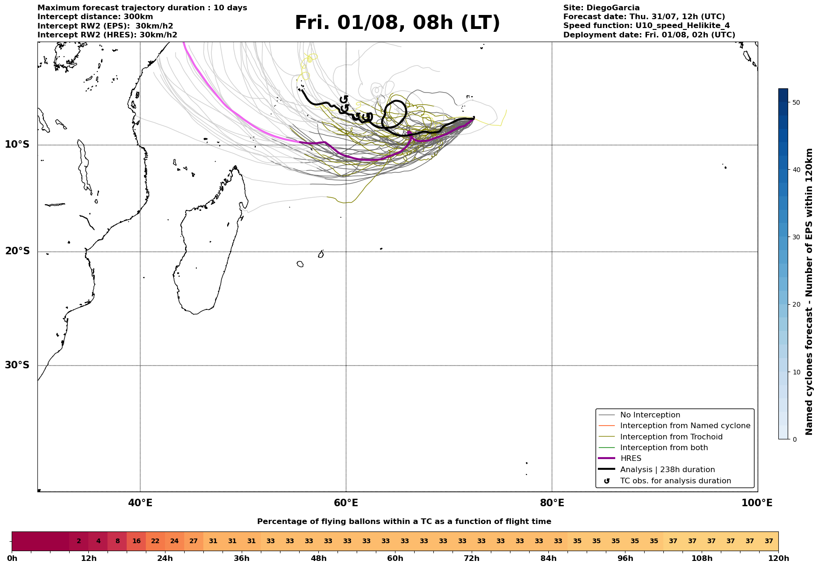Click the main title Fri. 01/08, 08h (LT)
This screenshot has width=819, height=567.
[397, 23]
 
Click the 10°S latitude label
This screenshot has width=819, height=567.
[17, 144]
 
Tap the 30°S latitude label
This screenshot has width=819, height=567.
[17, 365]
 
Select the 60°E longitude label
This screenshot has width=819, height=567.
[346, 503]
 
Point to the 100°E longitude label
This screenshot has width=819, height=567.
[757, 503]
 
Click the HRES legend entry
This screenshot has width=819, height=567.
[631, 459]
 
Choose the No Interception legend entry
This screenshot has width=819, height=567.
[650, 415]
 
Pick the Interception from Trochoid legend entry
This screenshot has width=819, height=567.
[671, 437]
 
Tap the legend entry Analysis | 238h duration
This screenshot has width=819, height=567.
[667, 470]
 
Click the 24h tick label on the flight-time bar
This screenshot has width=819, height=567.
[165, 559]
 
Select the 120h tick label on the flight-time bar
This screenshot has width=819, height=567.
[778, 559]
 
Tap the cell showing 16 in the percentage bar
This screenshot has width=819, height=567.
[136, 541]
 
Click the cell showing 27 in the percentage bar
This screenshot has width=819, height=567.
[194, 541]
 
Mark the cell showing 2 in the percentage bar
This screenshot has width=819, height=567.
[79, 541]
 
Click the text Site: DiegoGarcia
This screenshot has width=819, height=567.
[601, 8]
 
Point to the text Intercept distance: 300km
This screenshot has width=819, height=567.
[95, 17]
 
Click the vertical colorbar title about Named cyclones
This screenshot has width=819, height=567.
[810, 292]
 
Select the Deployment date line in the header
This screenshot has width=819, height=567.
[649, 35]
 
